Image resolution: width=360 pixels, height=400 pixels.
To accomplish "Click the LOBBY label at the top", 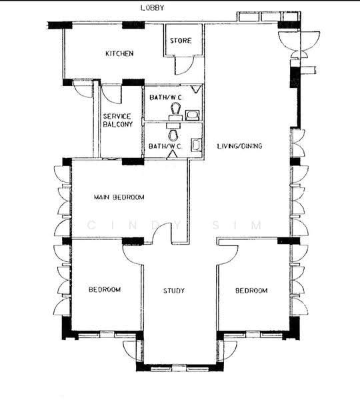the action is pos(152,7).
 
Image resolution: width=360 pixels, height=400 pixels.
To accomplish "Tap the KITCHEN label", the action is pos(119,53).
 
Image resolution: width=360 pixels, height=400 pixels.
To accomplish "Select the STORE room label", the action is pos(181,41).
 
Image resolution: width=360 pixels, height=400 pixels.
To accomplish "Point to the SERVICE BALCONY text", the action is pos(118,121).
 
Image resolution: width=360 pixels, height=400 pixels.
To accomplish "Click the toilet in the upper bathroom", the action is pos(175,110).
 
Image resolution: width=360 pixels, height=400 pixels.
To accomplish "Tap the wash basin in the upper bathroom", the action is pos(192,115).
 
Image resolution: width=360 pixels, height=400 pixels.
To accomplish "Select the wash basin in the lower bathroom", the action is pos(197,145).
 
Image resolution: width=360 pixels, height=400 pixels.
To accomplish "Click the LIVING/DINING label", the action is pos(239,146).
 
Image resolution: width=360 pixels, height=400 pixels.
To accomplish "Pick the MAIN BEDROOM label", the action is pos(119,197).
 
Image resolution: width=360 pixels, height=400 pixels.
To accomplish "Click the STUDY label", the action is pos(174,291).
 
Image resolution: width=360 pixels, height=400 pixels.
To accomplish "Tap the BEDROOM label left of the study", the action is pos(105,289).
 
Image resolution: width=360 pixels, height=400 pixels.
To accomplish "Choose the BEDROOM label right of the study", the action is pos(251,291).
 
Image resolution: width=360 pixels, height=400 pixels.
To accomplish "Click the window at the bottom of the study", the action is pos(179,369).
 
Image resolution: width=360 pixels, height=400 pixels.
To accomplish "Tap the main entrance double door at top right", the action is pos(299,43).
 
